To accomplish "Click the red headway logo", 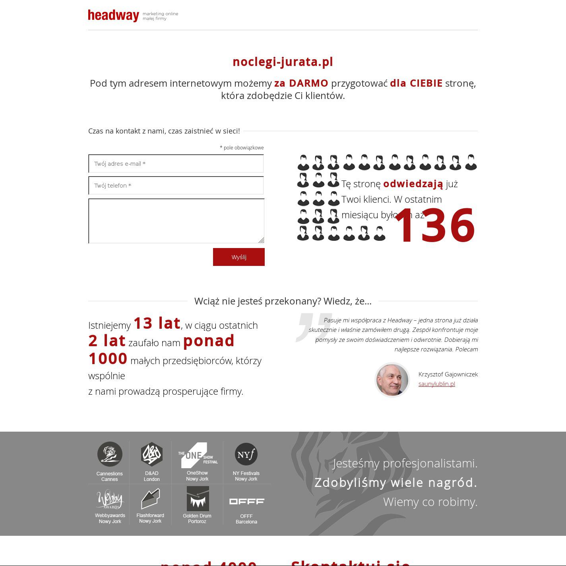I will tap(113, 16).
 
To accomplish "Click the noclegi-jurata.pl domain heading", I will tap(283, 62).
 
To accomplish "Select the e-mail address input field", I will tap(176, 164).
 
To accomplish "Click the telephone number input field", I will tap(176, 186).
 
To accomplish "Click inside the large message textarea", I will tap(176, 221).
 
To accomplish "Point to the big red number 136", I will tap(434, 225).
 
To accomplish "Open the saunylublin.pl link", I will tap(436, 384).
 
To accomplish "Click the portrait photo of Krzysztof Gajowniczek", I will tap(392, 380).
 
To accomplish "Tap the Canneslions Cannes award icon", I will tap(110, 454).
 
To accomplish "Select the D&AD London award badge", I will tap(151, 454).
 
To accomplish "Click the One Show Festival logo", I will tap(198, 455).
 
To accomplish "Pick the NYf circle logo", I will tap(246, 454).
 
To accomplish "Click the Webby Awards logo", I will tap(110, 499).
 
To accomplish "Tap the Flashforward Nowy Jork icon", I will tap(150, 499).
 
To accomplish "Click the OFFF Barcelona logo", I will tap(246, 502).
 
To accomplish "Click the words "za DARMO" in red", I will tap(301, 83).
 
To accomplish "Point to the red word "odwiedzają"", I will tap(413, 184).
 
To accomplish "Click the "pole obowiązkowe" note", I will tap(243, 148).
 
